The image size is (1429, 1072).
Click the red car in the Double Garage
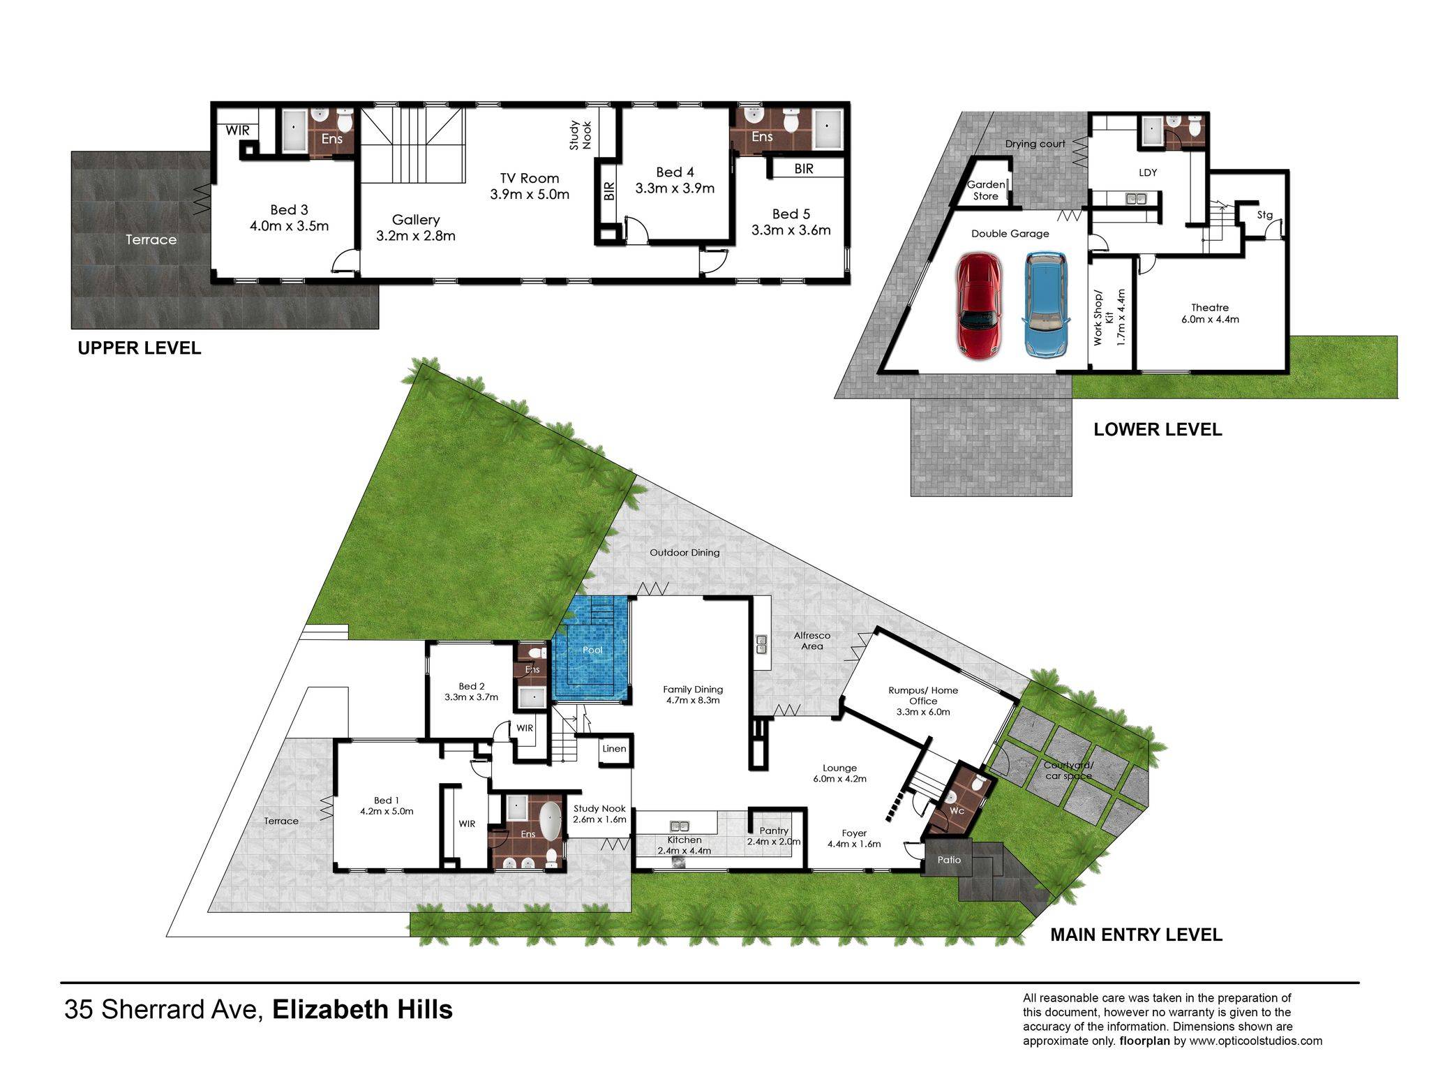pos(980,306)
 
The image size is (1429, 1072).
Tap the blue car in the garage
pos(1047,305)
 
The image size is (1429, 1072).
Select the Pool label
pos(592,650)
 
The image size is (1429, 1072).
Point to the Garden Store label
pos(986,191)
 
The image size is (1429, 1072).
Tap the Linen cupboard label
pos(614,749)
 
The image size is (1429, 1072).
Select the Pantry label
pos(774,831)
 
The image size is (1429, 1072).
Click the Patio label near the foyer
pos(949,860)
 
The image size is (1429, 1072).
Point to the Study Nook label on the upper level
pos(581,135)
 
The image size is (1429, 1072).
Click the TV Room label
pos(530,178)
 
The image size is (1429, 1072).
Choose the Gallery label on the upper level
pos(416,220)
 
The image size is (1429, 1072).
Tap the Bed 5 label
pos(791,214)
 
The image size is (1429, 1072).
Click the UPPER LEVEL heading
pos(140,348)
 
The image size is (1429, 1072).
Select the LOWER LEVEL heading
pos(1158,429)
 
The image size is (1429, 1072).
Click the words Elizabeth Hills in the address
pos(362,1009)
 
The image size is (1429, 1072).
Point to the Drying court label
pos(1035,144)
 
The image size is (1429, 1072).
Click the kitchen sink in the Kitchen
pos(680,825)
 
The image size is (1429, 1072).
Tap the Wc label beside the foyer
pos(957,811)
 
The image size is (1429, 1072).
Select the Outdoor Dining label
pos(684,552)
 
